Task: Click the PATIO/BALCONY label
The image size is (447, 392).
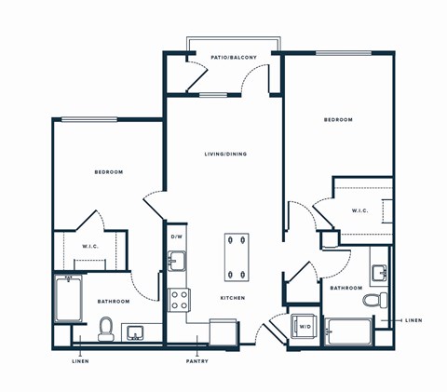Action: (233, 57)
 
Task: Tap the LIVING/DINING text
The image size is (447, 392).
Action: (225, 154)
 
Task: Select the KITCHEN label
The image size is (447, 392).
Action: (232, 298)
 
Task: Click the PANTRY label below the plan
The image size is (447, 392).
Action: (196, 361)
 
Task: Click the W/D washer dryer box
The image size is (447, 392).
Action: (304, 328)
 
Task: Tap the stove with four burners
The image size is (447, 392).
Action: (179, 300)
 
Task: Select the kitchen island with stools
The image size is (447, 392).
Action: (237, 258)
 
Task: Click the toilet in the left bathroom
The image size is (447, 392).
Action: (106, 329)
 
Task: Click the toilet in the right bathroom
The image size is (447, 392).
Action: (375, 302)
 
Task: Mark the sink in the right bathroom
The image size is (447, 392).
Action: (380, 272)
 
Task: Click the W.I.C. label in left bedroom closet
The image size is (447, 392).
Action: (90, 246)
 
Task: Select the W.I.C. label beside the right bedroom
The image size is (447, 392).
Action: (360, 210)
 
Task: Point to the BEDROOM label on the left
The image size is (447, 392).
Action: (108, 172)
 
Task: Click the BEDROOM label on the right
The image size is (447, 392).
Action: (338, 120)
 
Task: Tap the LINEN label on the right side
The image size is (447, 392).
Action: (413, 320)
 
